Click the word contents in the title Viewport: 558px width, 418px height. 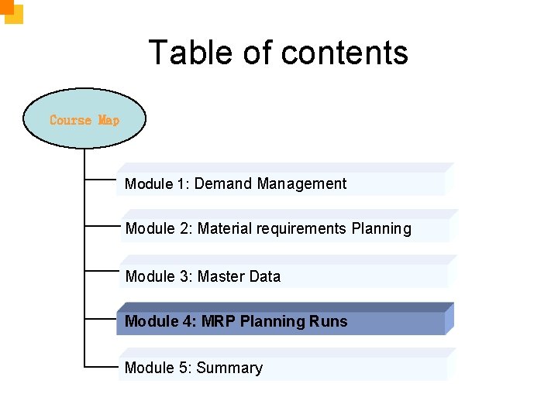[345, 53]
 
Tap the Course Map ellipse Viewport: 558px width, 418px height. [84, 119]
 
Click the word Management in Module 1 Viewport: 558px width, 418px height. [302, 184]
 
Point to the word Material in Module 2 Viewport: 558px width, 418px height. [223, 229]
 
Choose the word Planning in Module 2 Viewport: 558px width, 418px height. [381, 229]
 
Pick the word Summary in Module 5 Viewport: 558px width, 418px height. [229, 368]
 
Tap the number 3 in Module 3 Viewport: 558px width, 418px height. [184, 276]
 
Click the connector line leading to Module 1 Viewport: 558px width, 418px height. [100, 180]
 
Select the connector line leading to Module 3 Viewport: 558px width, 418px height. [100, 272]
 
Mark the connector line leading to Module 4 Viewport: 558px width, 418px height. [100, 317]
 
